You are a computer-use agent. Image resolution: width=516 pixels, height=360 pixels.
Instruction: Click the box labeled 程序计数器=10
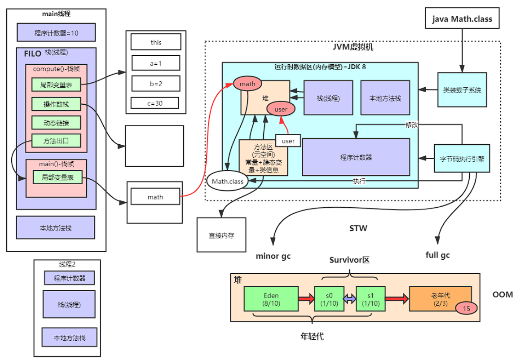[x=56, y=32]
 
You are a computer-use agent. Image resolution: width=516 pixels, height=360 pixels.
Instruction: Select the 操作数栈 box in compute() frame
[x=56, y=104]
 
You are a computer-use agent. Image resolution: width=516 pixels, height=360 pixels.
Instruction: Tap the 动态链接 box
[x=56, y=122]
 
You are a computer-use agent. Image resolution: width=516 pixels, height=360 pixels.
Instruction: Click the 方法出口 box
[x=56, y=141]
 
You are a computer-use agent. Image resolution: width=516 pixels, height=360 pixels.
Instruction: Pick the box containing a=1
[x=155, y=63]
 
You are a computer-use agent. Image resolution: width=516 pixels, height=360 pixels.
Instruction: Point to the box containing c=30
[x=154, y=103]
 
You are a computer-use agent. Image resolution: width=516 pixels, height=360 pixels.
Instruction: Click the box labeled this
[x=155, y=42]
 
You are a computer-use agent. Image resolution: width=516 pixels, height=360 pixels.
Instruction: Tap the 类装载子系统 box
[x=462, y=90]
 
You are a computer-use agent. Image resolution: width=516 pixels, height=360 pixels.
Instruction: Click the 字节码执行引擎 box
[x=462, y=158]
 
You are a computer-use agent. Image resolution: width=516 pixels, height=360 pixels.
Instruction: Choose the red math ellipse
[x=247, y=84]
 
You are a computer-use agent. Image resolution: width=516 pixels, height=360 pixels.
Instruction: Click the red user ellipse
[x=280, y=109]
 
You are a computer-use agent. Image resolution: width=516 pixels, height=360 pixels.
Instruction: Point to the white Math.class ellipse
[x=228, y=182]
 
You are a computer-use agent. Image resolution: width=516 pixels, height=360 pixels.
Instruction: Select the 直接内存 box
[x=221, y=235]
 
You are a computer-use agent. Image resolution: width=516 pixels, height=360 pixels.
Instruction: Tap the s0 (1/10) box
[x=329, y=299]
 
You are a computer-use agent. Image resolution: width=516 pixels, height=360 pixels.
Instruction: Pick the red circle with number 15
[x=466, y=309]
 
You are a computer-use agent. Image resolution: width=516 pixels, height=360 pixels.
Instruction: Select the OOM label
[x=503, y=295]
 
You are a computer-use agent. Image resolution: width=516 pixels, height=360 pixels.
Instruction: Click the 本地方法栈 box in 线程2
[x=69, y=337]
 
